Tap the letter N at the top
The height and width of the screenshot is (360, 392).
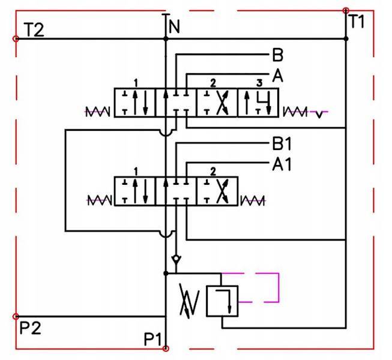point(174,27)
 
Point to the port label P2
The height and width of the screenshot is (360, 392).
point(31,328)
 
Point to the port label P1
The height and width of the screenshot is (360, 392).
point(154,339)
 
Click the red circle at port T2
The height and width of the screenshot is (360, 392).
point(16,38)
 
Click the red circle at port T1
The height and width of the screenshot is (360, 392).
point(345,10)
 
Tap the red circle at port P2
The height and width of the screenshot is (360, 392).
point(16,316)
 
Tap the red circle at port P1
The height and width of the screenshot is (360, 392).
point(166,348)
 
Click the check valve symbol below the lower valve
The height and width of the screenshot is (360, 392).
point(175,260)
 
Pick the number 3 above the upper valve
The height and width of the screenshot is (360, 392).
point(259,82)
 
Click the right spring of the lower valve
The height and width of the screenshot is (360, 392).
point(252,200)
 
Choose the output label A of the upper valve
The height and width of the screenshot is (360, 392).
point(277,76)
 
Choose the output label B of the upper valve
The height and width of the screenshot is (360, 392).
point(277,56)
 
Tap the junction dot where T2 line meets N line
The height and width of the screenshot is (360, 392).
point(166,39)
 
